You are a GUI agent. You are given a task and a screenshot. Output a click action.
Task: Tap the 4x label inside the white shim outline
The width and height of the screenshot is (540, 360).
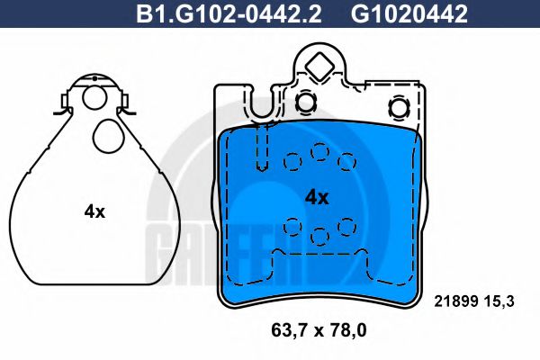pyautogui.click(x=94, y=212)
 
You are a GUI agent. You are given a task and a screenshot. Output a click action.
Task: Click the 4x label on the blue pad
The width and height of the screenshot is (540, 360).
pyautogui.click(x=317, y=196)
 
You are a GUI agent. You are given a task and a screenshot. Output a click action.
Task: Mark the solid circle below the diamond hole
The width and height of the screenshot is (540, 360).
pyautogui.click(x=307, y=103)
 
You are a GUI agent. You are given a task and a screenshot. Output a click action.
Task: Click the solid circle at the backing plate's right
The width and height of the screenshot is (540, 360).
pyautogui.click(x=399, y=109)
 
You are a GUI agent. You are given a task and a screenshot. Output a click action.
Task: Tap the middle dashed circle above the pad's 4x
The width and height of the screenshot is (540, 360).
pyautogui.click(x=319, y=152)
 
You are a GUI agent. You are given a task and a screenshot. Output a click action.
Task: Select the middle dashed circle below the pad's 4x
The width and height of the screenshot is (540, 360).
pyautogui.click(x=319, y=237)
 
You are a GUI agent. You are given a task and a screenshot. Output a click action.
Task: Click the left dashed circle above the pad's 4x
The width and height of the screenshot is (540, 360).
pyautogui.click(x=292, y=162)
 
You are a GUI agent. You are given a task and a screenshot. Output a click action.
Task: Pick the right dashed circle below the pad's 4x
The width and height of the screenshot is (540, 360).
pyautogui.click(x=346, y=225)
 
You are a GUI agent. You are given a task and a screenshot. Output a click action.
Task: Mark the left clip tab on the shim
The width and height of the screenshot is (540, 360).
pyautogui.click(x=60, y=111)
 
